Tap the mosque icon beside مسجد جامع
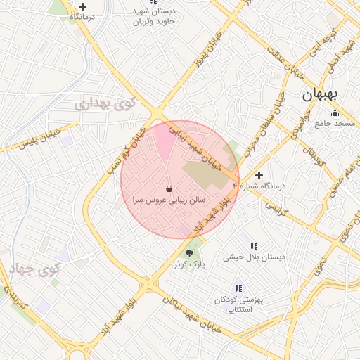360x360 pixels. [335, 112]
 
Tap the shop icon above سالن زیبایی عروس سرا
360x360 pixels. [169, 188]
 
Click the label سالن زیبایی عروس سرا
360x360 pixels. [169, 200]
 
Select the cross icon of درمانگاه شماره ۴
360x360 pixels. [259, 175]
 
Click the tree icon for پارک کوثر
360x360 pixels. [189, 252]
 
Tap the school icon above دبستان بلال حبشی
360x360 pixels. [254, 246]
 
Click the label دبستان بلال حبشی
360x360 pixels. [255, 257]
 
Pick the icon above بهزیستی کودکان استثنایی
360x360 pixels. [238, 288]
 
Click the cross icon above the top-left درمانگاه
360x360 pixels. [82, 6]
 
